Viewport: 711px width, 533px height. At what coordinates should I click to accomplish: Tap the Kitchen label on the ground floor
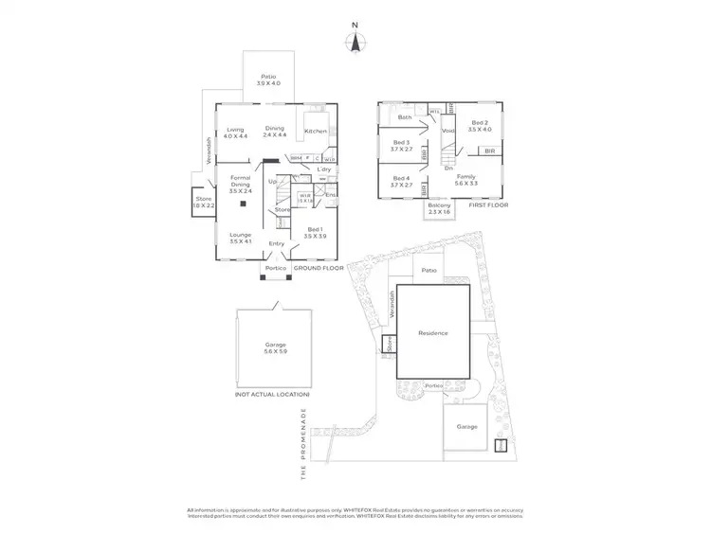(x=316, y=131)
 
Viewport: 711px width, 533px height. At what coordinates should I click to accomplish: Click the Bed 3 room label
(x=400, y=145)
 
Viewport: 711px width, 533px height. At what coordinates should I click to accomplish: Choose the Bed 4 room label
(x=400, y=182)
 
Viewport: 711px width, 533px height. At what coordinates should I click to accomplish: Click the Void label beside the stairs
(x=449, y=131)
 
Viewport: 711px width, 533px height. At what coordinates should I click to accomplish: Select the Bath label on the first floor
(x=405, y=117)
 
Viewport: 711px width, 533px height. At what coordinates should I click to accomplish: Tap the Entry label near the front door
(x=276, y=244)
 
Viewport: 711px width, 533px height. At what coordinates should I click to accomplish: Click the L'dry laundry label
(x=310, y=169)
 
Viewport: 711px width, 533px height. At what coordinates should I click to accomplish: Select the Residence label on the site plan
(x=432, y=333)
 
